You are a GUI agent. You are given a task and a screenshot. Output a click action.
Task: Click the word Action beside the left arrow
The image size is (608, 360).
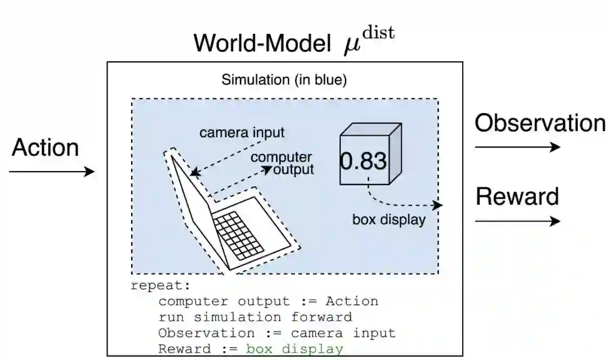click(45, 148)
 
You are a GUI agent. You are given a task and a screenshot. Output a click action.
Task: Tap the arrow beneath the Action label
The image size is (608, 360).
click(52, 172)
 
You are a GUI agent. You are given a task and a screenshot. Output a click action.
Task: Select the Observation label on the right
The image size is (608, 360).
click(540, 123)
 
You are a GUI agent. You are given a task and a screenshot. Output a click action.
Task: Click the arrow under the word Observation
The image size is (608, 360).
click(517, 147)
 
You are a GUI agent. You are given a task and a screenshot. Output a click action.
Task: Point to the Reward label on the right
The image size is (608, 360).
click(517, 197)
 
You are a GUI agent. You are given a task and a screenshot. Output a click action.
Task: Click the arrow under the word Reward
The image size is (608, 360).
click(517, 221)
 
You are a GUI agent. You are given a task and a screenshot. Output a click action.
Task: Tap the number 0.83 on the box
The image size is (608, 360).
click(364, 161)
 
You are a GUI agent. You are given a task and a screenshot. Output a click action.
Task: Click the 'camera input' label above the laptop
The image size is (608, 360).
click(242, 133)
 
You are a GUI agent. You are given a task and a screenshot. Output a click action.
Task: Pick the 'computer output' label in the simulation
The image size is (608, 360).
click(282, 163)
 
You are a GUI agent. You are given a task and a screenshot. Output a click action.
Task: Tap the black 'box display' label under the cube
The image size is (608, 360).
click(389, 219)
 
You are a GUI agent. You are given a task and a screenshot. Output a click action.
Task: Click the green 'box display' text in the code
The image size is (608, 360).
click(294, 349)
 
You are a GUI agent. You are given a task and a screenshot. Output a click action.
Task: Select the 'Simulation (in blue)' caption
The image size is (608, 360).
click(284, 80)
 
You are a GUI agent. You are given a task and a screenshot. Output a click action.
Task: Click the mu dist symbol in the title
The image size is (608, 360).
click(369, 40)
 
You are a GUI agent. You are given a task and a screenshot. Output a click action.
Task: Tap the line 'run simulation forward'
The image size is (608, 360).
click(255, 317)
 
